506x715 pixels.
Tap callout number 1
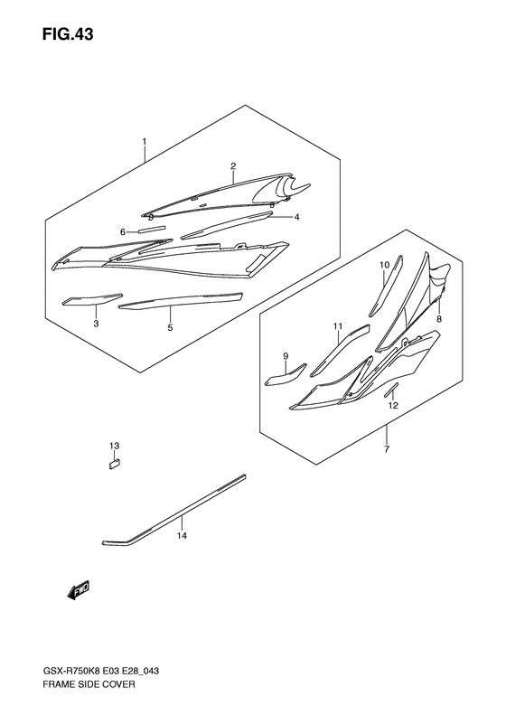pos(143,142)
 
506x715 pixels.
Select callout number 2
pos(232,166)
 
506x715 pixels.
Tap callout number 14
pos(182,536)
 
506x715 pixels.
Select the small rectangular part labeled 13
pos(115,465)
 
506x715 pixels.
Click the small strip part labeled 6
pos(151,230)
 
